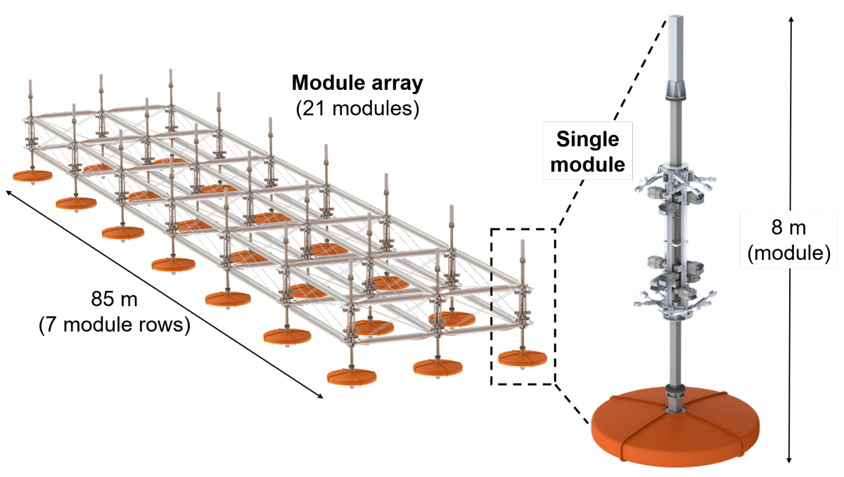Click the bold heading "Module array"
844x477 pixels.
coord(357,83)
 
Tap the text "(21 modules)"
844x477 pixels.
coord(357,109)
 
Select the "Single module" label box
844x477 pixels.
coord(587,151)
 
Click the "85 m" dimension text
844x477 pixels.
coord(114,299)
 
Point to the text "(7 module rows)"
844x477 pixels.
coord(114,324)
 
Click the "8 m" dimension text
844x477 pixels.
coord(788,228)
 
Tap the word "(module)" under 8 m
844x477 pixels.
coord(788,253)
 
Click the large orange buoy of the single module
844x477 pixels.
coord(675,429)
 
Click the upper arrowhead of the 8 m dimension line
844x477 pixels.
coord(791,20)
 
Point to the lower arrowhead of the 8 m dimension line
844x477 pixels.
coord(789,459)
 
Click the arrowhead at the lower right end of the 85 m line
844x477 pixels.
coord(320,396)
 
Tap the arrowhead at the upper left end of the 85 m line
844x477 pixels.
coord(9,192)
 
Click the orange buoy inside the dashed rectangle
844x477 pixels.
coord(522,358)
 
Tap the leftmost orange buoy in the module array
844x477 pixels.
coord(32,176)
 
